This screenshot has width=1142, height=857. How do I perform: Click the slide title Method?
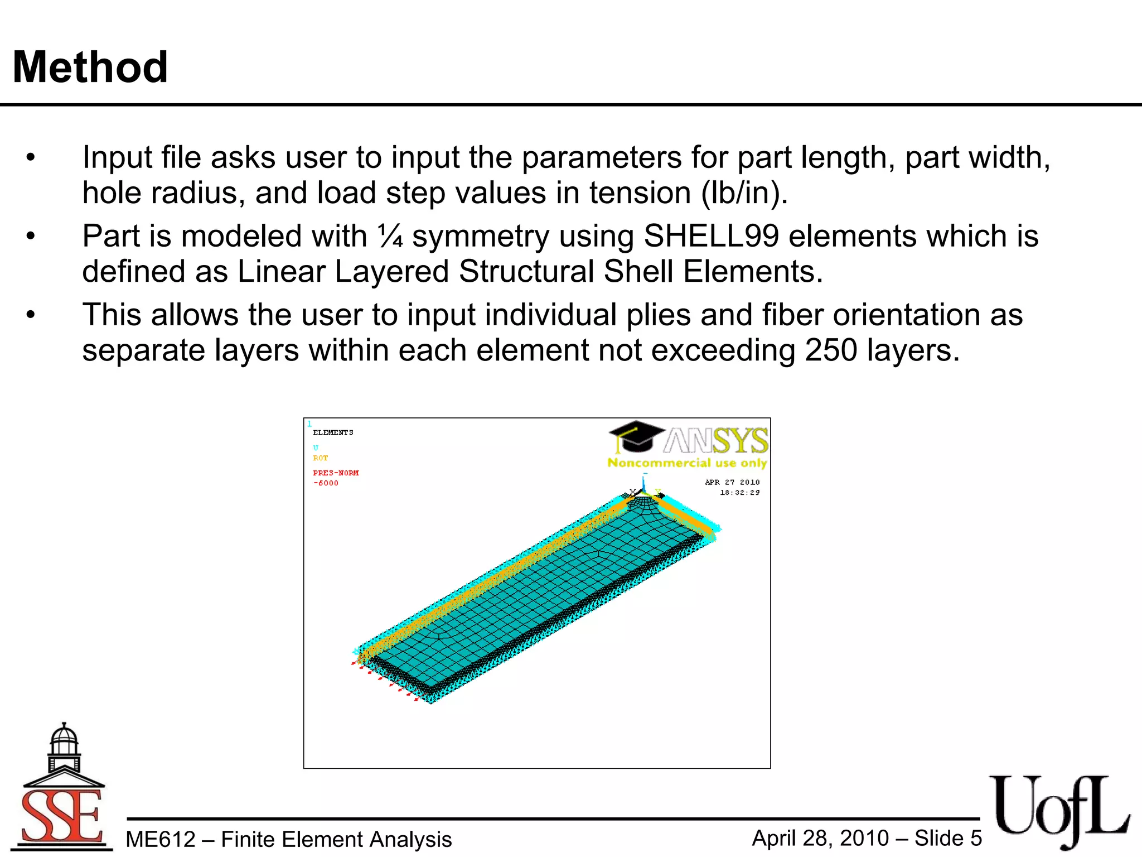[90, 68]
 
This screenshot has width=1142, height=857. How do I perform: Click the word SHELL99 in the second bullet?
[711, 236]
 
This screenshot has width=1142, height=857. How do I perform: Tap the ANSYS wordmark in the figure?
[717, 441]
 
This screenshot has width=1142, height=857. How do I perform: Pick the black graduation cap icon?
[636, 435]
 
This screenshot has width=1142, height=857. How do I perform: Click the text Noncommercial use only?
[687, 463]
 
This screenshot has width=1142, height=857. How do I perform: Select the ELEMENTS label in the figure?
[333, 432]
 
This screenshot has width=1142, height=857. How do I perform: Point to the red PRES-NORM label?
[336, 473]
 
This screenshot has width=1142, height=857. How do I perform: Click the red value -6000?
[326, 483]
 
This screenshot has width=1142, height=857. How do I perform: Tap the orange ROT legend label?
[320, 458]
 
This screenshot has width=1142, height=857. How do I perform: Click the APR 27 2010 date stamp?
[732, 482]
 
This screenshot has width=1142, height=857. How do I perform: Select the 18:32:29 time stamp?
[739, 493]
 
